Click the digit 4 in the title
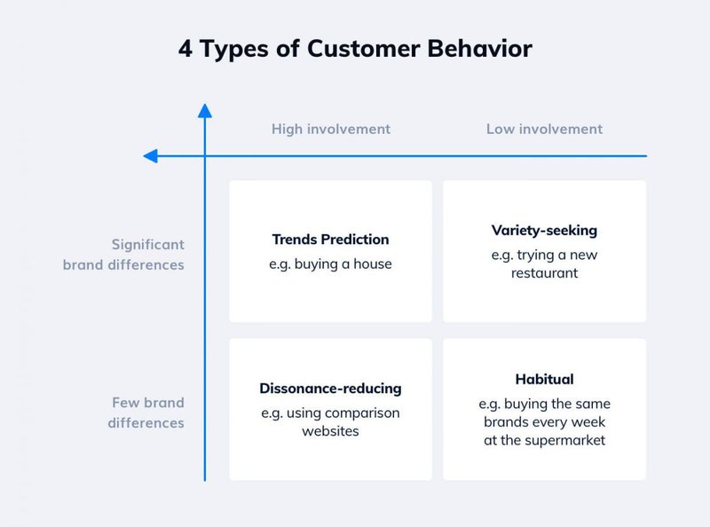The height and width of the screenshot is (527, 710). [185, 49]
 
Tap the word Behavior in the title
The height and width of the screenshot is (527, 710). [483, 49]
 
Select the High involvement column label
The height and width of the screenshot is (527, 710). [330, 129]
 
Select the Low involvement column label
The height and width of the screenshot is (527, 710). [544, 129]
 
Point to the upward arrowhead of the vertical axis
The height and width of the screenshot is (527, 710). [205, 111]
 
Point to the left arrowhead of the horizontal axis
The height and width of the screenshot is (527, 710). [150, 156]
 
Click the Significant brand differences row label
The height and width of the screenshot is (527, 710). [123, 254]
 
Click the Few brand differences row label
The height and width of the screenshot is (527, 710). [146, 413]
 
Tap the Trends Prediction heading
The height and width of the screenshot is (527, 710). [330, 240]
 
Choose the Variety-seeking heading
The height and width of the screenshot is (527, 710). [544, 231]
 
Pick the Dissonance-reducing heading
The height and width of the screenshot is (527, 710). [330, 389]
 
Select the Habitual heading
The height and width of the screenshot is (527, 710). [544, 380]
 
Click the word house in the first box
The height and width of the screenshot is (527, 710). [372, 263]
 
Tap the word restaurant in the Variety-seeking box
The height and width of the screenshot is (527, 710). [544, 273]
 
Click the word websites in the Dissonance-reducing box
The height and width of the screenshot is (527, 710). [330, 430]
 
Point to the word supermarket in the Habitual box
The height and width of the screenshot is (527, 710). [567, 440]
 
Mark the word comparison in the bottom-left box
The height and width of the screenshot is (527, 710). [364, 413]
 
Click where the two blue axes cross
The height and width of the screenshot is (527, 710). [205, 156]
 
